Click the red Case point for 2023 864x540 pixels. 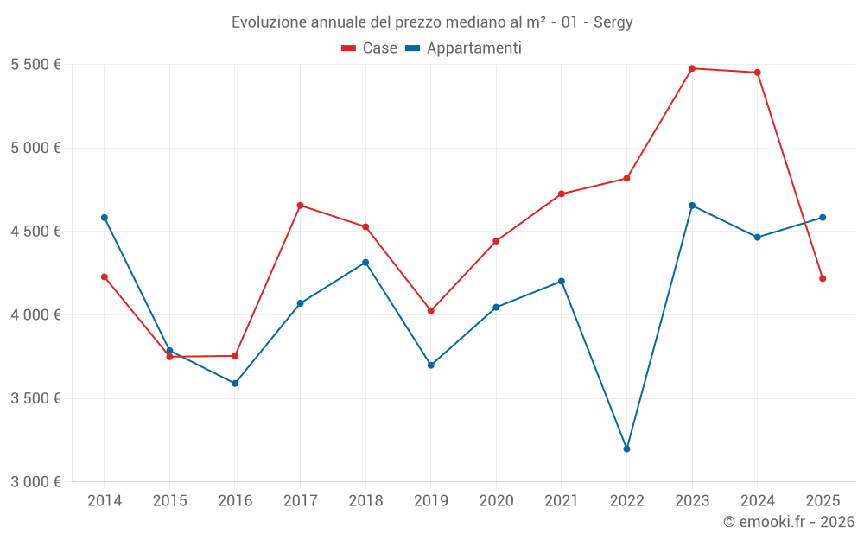tap(692, 68)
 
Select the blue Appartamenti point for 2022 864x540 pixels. tap(626, 448)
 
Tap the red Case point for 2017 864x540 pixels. tap(300, 206)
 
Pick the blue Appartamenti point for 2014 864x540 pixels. tap(105, 218)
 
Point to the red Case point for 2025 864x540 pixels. tap(823, 278)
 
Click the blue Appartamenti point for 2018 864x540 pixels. tap(365, 263)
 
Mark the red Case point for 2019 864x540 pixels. tap(431, 310)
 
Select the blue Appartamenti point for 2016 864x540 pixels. tap(235, 384)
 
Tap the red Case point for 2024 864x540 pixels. tap(758, 73)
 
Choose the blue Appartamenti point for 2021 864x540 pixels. tap(562, 282)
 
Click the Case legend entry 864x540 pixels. tap(370, 48)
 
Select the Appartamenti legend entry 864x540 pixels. tap(464, 48)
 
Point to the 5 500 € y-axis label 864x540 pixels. tap(35, 65)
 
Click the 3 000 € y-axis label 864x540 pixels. tap(35, 482)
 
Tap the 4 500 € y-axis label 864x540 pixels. tap(35, 232)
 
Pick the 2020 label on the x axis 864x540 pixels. tap(496, 501)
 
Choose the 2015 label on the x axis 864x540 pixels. tap(169, 501)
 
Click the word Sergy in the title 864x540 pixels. tap(613, 22)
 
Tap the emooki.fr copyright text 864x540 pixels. tap(789, 522)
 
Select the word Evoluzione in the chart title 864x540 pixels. tap(263, 22)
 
